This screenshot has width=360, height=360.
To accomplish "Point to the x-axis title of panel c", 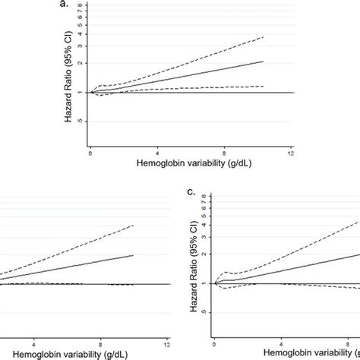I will [311, 353].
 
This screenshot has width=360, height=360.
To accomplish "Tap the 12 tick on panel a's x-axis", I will [290, 153].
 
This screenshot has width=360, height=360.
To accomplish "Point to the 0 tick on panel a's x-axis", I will [90, 153].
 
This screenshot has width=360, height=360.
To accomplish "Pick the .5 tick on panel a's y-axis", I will [81, 121].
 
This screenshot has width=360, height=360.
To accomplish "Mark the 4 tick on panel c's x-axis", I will [282, 343].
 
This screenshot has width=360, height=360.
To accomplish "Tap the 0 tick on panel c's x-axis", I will [215, 343].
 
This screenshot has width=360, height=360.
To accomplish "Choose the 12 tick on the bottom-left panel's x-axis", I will [167, 343].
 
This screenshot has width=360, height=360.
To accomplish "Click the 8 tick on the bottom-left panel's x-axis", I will [100, 343].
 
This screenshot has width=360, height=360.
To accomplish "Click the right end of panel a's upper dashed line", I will [264, 36].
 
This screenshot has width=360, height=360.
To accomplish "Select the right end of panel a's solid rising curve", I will [264, 62].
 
